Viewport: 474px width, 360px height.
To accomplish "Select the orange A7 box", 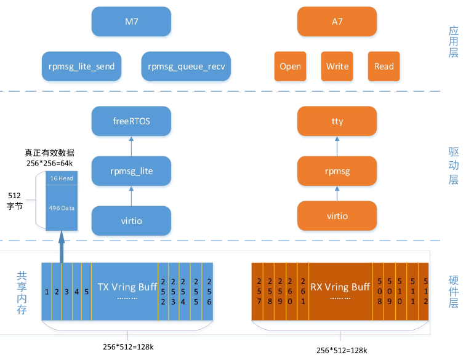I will (337, 22).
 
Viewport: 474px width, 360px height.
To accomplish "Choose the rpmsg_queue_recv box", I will (185, 66).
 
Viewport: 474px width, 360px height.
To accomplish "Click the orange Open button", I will (290, 66).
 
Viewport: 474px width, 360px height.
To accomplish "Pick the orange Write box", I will (337, 66).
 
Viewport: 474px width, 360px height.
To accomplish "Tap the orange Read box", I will (384, 66).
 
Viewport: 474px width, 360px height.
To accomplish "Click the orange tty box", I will (337, 121).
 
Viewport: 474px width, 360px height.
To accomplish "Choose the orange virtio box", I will (337, 216).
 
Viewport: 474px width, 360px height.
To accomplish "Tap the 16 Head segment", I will (62, 178).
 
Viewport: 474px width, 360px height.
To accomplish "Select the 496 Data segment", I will (62, 208).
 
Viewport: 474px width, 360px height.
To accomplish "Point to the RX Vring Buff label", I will (340, 287).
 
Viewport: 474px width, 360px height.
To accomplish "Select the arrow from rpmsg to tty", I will (337, 146).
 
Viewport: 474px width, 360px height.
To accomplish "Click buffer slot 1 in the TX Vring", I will (46, 291).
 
